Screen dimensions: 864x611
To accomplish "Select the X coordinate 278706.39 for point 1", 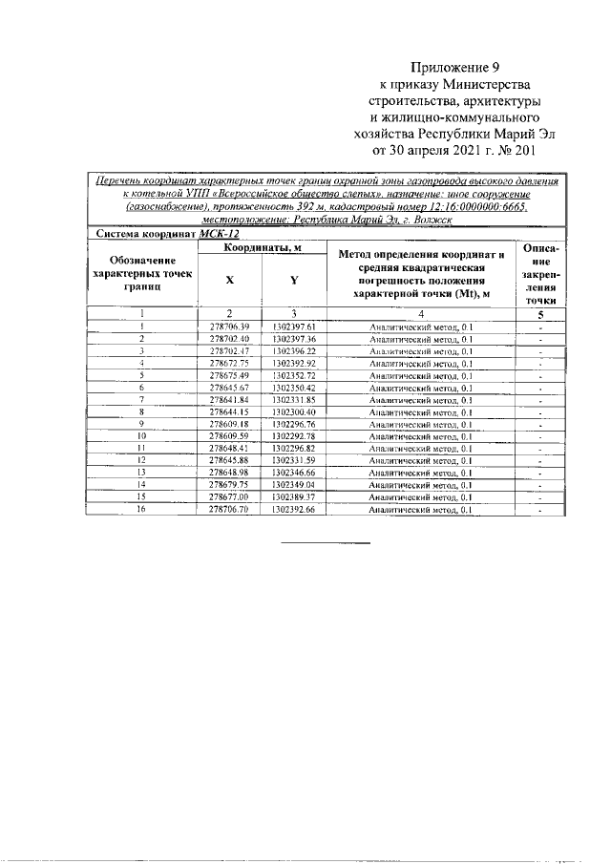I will pos(228,327).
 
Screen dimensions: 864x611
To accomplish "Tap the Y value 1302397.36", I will pos(293,339).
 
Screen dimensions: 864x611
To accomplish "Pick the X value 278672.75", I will pos(228,364).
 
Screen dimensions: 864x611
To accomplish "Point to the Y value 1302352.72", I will pos(293,376).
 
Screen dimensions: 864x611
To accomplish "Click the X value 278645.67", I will pos(228,389).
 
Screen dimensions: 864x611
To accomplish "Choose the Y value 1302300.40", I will pos(293,411).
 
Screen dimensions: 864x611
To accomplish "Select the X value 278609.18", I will pos(228,424).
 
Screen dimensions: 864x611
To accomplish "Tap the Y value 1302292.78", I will pos(293,436).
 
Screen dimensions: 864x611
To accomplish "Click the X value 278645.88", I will pos(228,461).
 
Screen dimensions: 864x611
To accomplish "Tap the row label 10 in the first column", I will pos(141,436).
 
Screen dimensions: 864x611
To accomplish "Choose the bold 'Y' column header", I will pos(293,281).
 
